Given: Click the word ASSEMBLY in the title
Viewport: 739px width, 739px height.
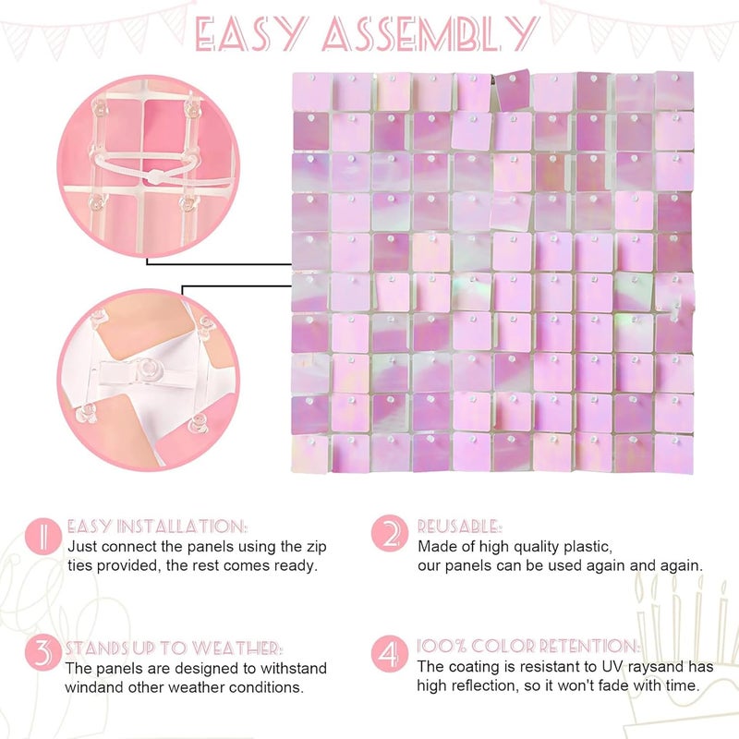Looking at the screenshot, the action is pos(430,34).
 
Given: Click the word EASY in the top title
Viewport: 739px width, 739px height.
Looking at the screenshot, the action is pos(251,34).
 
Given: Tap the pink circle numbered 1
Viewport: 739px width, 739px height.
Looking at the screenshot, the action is pos(43,536).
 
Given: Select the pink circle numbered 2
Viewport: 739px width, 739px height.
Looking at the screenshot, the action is pos(389,533).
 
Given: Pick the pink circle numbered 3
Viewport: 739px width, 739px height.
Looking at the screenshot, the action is pos(43,654).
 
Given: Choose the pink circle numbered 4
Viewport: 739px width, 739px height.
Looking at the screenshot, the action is pos(389,654).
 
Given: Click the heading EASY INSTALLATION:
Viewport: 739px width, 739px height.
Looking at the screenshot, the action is pos(157,526).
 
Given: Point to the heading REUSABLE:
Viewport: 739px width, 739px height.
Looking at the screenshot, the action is pos(459,526).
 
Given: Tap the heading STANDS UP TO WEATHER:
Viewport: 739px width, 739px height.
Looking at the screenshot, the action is pos(174,648).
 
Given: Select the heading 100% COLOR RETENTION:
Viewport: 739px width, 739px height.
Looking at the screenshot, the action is pos(528,646).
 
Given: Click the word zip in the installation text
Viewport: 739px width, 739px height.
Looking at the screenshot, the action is pos(317,547).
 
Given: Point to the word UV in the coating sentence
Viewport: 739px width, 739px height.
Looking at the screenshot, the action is pos(612,667).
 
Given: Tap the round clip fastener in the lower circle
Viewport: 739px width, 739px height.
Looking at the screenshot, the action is pos(149,366).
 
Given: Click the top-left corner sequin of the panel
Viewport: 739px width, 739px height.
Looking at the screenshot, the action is pos(311,91).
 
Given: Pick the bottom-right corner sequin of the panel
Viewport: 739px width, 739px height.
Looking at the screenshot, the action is pos(674,454).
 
